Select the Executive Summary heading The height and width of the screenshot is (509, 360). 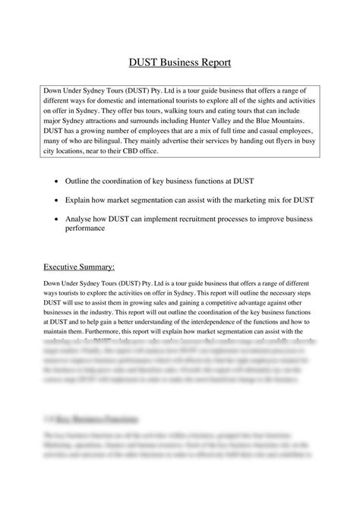pyautogui.click(x=79, y=267)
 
